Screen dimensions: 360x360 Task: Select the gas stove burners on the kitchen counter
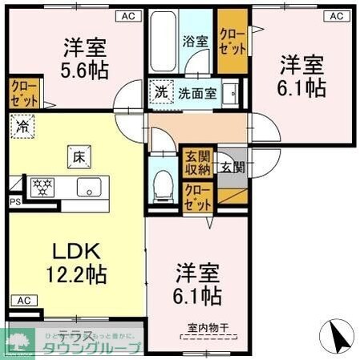click(42, 188)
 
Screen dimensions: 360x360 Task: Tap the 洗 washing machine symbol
click(161, 91)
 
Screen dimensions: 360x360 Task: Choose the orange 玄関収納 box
click(196, 163)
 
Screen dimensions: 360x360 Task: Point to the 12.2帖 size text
click(78, 275)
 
